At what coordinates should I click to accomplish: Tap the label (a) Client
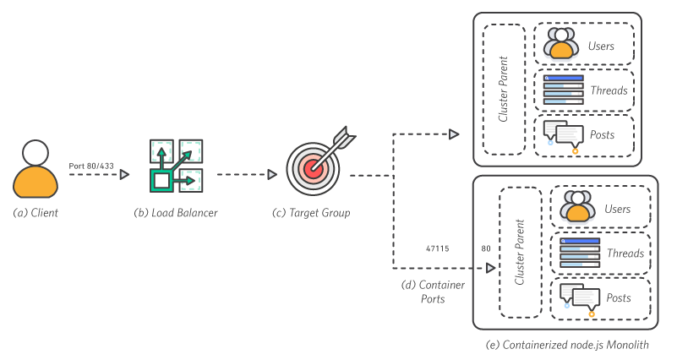click(x=35, y=213)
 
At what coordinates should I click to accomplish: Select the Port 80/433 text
click(x=91, y=166)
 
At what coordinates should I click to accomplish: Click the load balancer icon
click(x=176, y=165)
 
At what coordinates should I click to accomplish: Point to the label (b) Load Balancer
click(x=176, y=213)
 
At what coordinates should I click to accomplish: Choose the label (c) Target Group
click(x=310, y=213)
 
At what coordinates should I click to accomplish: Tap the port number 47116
click(x=437, y=249)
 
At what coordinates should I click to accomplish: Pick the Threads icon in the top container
click(x=563, y=90)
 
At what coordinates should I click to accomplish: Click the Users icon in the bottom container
click(x=576, y=208)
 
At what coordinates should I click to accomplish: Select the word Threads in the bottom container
click(x=625, y=254)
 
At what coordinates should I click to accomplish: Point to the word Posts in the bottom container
click(x=619, y=298)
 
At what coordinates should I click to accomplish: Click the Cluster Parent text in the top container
click(x=503, y=89)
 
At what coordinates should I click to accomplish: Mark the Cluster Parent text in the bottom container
click(x=520, y=252)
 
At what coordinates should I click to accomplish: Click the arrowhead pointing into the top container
click(x=454, y=134)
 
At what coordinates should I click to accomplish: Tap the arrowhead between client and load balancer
click(x=125, y=175)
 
